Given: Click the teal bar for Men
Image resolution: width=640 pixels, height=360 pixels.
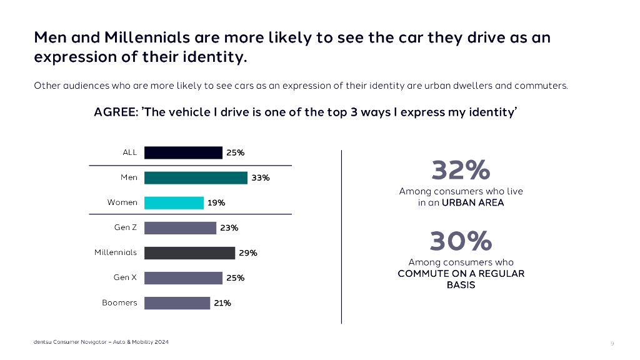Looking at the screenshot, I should point(196,177).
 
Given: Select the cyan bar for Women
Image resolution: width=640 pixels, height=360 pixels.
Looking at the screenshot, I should point(174,202).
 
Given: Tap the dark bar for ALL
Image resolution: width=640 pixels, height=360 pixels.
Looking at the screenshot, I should point(183,152).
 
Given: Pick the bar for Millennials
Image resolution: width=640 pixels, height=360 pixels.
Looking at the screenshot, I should point(189,252).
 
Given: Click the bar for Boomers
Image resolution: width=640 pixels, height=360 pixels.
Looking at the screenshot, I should point(177,302).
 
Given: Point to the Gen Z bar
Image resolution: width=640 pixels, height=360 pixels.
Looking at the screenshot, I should point(180,227).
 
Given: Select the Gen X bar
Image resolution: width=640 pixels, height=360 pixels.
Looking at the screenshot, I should point(183,277).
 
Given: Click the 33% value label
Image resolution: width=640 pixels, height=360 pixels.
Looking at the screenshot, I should point(261,177).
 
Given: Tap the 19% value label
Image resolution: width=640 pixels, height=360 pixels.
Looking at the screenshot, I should point(217,202).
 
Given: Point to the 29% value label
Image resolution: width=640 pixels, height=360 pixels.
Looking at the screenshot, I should point(248,253).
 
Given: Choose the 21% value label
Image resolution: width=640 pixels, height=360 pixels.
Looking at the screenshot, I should point(222,303).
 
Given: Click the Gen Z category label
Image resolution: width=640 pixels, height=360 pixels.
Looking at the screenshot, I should point(125,227).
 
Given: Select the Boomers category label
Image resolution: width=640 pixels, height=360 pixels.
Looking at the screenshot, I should point(119,302).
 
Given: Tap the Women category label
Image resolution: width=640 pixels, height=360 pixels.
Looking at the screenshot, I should point(122,202).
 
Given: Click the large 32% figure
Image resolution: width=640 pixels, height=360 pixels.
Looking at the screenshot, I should point(461,170).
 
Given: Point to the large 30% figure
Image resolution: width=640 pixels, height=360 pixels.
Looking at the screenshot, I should point(461,241).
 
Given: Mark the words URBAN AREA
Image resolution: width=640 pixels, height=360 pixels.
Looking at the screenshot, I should point(472,202).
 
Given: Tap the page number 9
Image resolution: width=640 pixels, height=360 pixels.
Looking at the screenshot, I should point(612,343).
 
